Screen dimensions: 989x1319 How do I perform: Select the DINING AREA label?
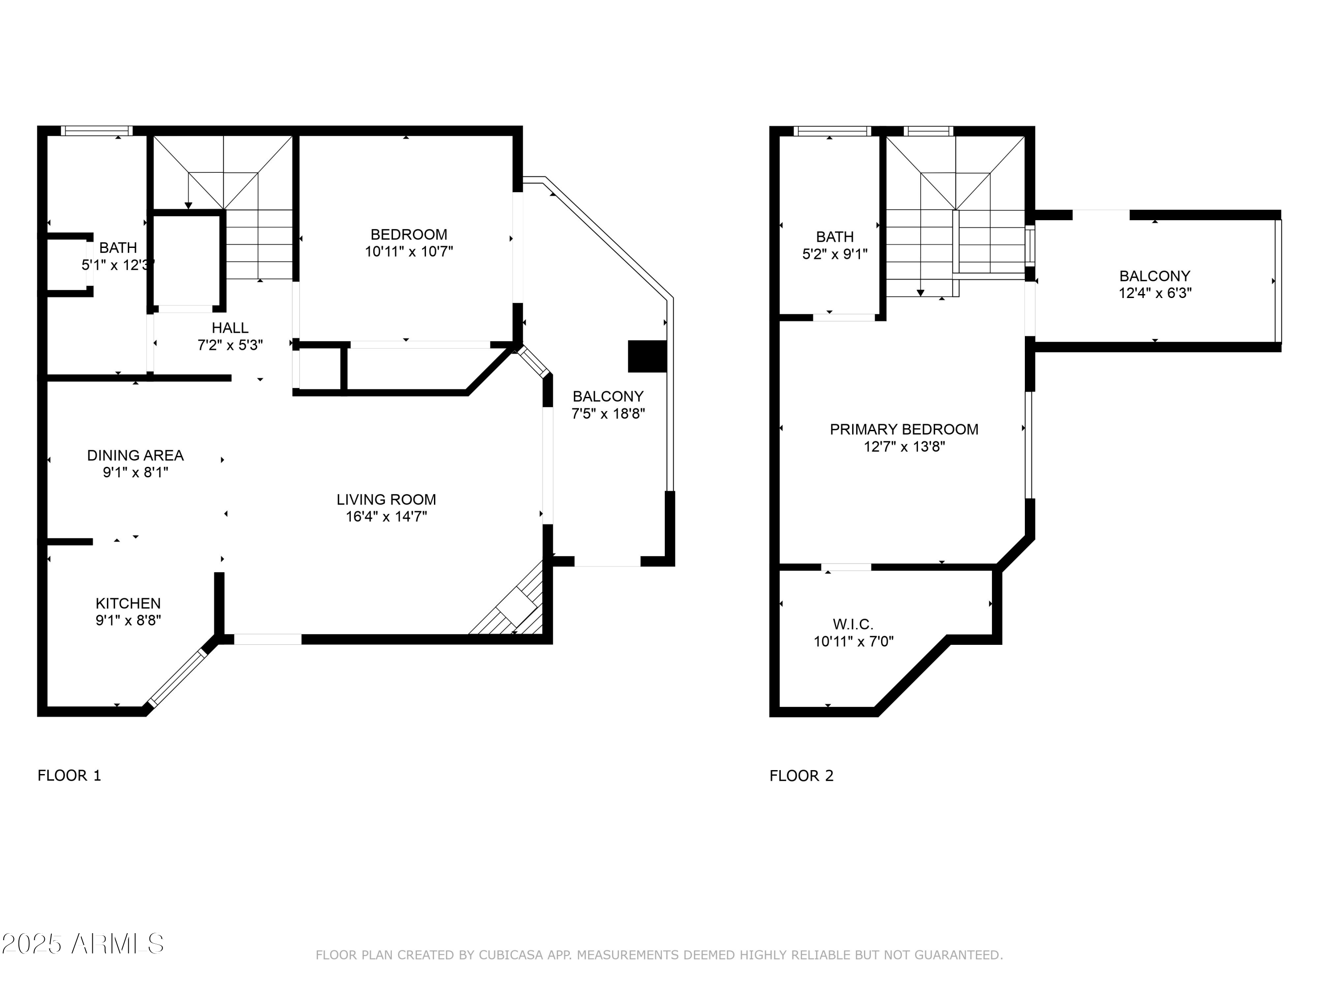135,455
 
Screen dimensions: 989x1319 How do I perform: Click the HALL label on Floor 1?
230,328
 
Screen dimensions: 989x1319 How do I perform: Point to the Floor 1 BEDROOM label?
408,234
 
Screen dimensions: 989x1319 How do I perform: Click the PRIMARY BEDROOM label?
904,429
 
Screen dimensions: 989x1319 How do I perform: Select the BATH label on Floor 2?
835,236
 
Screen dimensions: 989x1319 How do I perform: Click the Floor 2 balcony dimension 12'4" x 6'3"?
1155,293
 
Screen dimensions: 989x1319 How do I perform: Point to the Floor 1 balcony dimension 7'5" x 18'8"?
608,414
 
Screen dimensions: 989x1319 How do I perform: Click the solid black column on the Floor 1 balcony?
647,356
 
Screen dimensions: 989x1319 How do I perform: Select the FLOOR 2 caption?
802,775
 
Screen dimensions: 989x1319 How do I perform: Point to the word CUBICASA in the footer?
511,955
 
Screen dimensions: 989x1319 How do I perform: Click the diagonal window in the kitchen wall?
177,678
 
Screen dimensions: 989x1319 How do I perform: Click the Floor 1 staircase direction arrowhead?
189,206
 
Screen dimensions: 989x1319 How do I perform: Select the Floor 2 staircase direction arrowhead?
921,293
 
